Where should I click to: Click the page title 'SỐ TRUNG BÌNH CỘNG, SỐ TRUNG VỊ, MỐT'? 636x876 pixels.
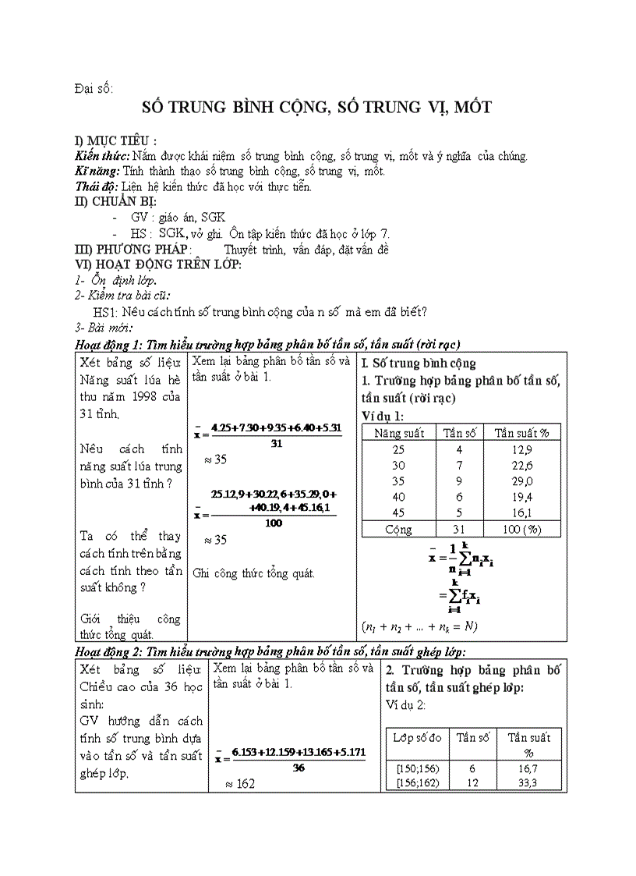click(321, 108)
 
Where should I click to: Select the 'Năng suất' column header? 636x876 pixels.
click(399, 433)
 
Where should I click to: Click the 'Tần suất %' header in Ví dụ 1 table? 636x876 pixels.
click(522, 433)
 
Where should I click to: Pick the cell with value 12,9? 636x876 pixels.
click(522, 449)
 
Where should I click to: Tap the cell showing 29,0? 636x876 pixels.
click(522, 481)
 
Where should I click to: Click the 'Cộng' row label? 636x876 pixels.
click(399, 530)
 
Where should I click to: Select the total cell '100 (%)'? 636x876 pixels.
click(522, 530)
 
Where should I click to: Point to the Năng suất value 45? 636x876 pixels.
click(399, 513)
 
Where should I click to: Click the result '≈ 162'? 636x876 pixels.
click(240, 783)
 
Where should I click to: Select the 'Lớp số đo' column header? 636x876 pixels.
click(417, 737)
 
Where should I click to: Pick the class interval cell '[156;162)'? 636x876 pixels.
click(417, 782)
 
